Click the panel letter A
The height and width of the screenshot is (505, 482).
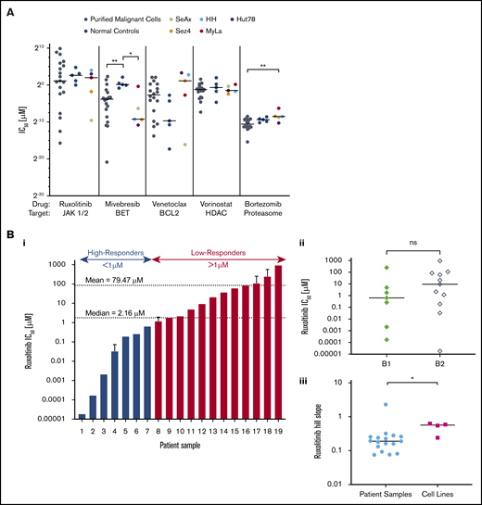pos(8,7)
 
